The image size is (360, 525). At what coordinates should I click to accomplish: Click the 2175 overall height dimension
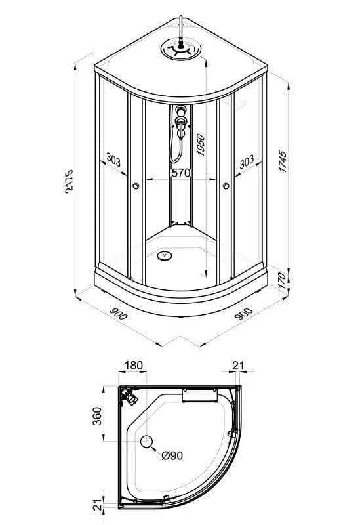click(x=70, y=182)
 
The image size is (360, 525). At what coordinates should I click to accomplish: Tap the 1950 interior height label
click(x=201, y=144)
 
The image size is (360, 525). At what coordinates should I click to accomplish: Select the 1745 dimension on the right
click(x=283, y=161)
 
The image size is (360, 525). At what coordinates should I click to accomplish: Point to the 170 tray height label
click(x=283, y=281)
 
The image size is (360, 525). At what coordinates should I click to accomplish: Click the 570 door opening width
click(x=181, y=173)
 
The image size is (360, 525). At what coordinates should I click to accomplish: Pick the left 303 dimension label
click(x=113, y=159)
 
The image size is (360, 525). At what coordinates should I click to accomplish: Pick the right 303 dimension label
click(x=247, y=161)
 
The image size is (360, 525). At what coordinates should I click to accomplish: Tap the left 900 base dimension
click(x=119, y=314)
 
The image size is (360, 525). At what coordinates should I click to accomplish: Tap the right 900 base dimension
click(x=243, y=314)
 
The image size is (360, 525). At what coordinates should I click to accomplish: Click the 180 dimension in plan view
click(x=134, y=366)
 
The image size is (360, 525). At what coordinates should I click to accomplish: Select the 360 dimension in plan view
click(x=96, y=416)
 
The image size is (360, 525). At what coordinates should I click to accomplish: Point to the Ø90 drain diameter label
click(x=172, y=455)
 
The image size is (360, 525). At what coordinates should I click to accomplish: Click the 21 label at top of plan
click(x=238, y=366)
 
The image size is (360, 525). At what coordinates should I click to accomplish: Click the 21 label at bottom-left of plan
click(x=96, y=505)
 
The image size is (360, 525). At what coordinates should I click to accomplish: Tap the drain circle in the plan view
click(x=146, y=442)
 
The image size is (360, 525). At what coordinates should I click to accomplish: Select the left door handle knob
click(x=136, y=186)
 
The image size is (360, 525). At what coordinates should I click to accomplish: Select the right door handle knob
click(x=226, y=186)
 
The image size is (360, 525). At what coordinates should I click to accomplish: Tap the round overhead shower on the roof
click(x=181, y=49)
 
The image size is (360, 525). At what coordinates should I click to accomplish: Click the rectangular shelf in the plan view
click(x=200, y=396)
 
